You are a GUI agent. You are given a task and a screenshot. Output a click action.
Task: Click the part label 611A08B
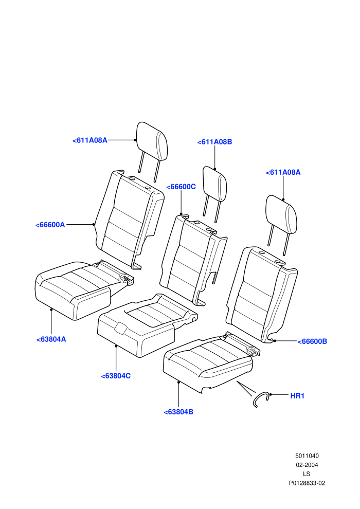pos(214,142)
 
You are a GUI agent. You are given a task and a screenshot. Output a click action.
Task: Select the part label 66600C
pos(181,187)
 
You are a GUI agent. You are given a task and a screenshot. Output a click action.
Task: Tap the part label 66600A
pos(50,225)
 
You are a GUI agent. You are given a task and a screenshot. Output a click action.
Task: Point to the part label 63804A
pos(51,339)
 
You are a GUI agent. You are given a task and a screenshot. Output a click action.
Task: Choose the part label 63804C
pos(116,376)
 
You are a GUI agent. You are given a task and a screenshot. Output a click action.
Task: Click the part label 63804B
pos(178,412)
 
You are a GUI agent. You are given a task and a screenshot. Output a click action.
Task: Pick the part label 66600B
pos(312,341)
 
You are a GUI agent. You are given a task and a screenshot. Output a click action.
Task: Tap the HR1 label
pos(297,396)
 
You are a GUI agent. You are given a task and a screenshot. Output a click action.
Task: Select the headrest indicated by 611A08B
pos(214,184)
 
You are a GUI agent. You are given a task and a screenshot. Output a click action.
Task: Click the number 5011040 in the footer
pos(307,456)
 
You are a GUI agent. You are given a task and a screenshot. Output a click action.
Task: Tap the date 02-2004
pos(307,465)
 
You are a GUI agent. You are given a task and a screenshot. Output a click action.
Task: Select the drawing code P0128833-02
pos(307,483)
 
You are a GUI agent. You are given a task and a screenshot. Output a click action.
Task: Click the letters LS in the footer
pos(307,474)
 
